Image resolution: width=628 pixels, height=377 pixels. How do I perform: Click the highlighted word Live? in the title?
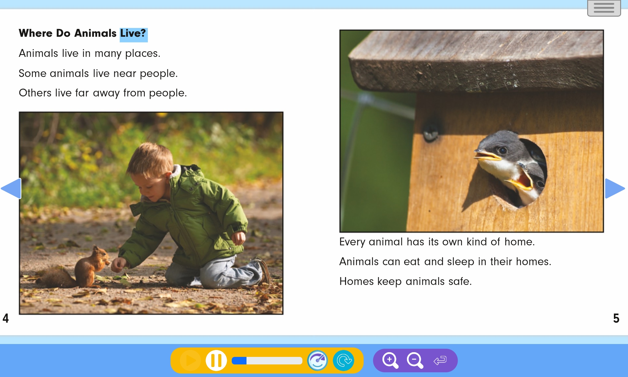click(x=133, y=33)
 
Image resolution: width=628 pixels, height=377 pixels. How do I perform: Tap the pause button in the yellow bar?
click(x=216, y=360)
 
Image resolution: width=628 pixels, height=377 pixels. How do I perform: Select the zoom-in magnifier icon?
click(x=390, y=360)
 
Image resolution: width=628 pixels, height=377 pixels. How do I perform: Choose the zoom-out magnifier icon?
click(x=415, y=360)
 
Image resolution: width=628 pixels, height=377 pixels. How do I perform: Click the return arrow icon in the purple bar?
click(x=440, y=360)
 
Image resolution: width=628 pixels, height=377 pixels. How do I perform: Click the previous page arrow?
click(x=11, y=188)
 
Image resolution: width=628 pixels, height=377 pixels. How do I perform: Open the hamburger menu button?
click(x=604, y=8)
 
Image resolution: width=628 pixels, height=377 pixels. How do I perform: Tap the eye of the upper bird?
click(x=502, y=150)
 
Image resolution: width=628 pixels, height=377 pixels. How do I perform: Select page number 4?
click(x=6, y=318)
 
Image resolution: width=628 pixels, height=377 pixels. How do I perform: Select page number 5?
click(x=616, y=318)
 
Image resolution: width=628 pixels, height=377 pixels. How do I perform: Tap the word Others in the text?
click(x=35, y=93)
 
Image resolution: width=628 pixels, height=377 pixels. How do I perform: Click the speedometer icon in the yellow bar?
click(x=317, y=360)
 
